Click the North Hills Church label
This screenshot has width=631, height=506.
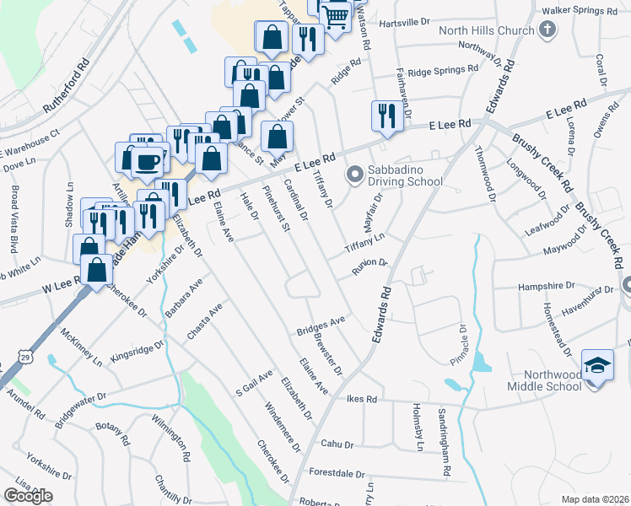coord(487,31)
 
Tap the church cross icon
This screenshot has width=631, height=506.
coord(546,31)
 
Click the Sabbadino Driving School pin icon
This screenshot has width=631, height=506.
coord(354,175)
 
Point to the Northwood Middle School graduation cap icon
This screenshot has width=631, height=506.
coord(597,365)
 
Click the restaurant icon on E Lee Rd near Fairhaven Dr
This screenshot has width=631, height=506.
coord(386,115)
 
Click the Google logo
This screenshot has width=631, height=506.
coord(28,496)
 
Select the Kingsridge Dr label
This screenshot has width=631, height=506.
coord(137,350)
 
